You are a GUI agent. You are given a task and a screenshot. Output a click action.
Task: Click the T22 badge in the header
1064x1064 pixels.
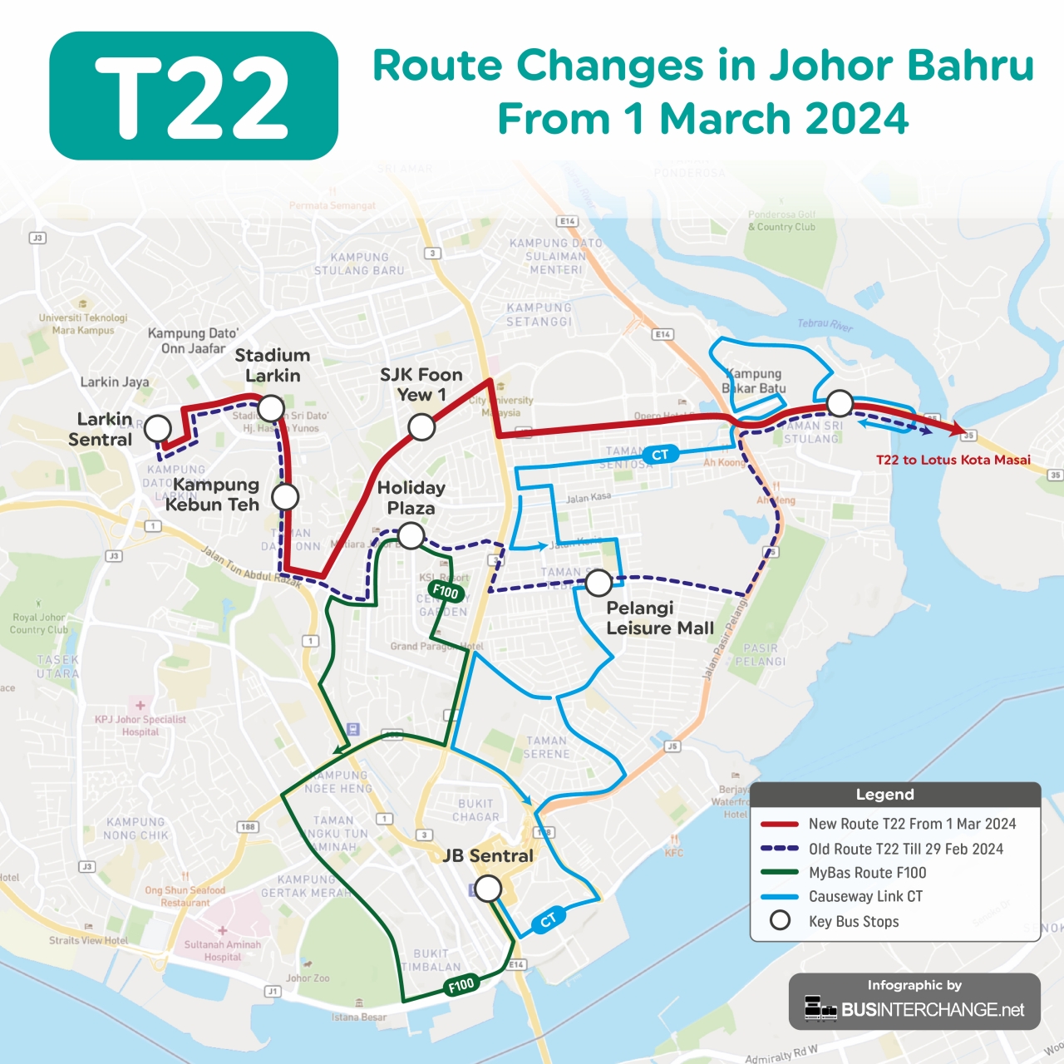tap(194, 96)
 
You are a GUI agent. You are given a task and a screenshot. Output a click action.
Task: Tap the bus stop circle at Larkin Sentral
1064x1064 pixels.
tap(158, 429)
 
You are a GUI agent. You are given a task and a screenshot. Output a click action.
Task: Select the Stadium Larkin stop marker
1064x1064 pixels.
tap(271, 408)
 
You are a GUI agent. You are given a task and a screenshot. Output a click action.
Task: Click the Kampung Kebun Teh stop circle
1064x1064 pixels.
tap(285, 497)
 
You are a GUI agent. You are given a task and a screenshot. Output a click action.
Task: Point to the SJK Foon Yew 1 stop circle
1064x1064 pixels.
tap(421, 427)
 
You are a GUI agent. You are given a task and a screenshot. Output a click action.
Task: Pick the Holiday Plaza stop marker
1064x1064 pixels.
tap(411, 536)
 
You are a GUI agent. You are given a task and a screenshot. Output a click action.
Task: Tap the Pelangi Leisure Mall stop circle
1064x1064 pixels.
tap(598, 584)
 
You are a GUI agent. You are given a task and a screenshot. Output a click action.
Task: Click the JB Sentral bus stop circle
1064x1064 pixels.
tap(488, 889)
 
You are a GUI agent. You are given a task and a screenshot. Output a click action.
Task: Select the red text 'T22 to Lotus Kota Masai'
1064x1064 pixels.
tap(953, 460)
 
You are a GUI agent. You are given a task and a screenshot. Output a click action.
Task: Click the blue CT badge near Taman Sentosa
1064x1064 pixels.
tap(660, 455)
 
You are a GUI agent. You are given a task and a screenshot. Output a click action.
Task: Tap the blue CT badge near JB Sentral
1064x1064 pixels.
tap(549, 920)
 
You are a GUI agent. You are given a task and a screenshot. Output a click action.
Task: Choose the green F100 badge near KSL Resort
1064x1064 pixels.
tap(446, 591)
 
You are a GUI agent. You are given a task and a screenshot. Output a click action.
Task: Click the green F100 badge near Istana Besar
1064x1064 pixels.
tap(461, 985)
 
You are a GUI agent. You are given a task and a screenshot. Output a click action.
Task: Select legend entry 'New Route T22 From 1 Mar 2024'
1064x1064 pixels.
tap(912, 824)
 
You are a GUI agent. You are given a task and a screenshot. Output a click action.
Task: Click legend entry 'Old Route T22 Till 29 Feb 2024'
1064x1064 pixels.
tap(905, 849)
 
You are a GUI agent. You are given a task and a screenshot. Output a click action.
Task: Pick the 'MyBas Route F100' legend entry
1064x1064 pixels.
tap(867, 873)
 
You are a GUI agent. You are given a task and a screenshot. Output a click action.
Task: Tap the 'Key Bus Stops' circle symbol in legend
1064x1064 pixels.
tap(780, 921)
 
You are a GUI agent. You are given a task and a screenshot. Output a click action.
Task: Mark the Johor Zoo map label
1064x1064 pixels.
tap(308, 978)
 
